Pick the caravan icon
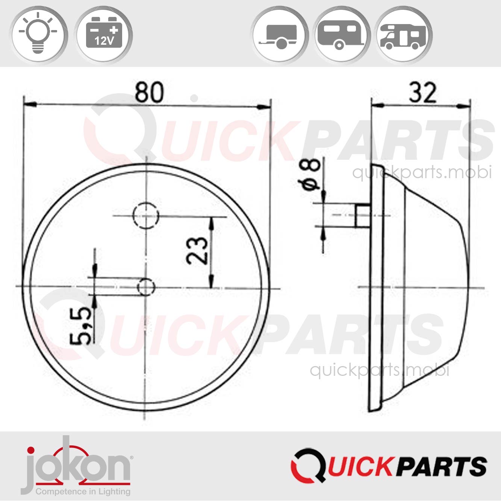[341, 35]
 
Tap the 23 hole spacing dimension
[197, 251]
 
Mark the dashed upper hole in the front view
[146, 216]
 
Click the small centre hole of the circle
[146, 288]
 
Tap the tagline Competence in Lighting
[83, 491]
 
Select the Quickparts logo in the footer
[389, 466]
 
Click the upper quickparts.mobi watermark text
[422, 173]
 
